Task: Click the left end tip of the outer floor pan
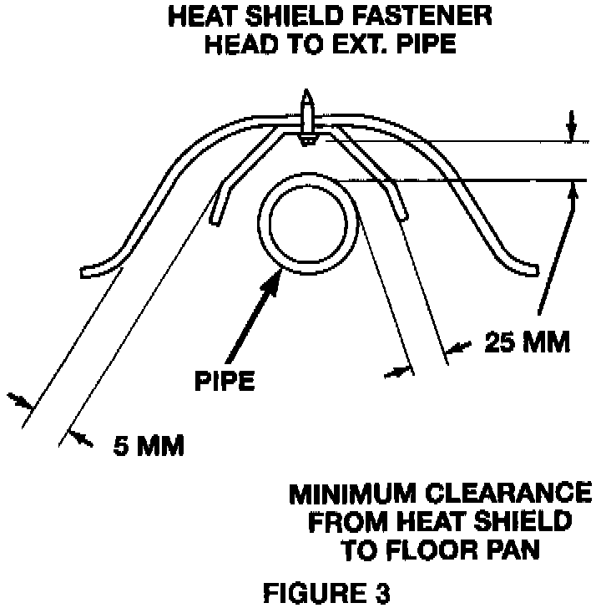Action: [x=86, y=271]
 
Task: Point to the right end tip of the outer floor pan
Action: [x=535, y=270]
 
